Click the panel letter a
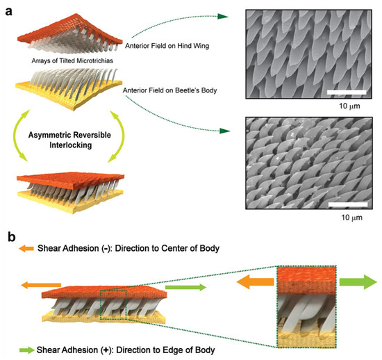pyautogui.click(x=9, y=11)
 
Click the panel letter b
pyautogui.click(x=11, y=237)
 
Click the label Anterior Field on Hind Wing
pyautogui.click(x=167, y=46)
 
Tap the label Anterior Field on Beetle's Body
pyautogui.click(x=169, y=90)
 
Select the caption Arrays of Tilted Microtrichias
pyautogui.click(x=72, y=60)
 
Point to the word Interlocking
pyautogui.click(x=71, y=145)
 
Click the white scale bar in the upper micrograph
pyautogui.click(x=347, y=92)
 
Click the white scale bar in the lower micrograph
pyautogui.click(x=348, y=204)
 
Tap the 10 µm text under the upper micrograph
pyautogui.click(x=349, y=106)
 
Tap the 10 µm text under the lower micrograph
pyautogui.click(x=352, y=218)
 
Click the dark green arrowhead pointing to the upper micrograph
pyautogui.click(x=223, y=16)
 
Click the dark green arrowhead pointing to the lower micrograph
pyautogui.click(x=224, y=131)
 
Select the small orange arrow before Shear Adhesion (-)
pyautogui.click(x=26, y=249)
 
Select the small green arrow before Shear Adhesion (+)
pyautogui.click(x=27, y=350)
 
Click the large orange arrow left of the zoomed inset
pyautogui.click(x=256, y=281)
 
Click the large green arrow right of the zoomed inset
pyautogui.click(x=358, y=281)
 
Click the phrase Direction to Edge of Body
pyautogui.click(x=166, y=350)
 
